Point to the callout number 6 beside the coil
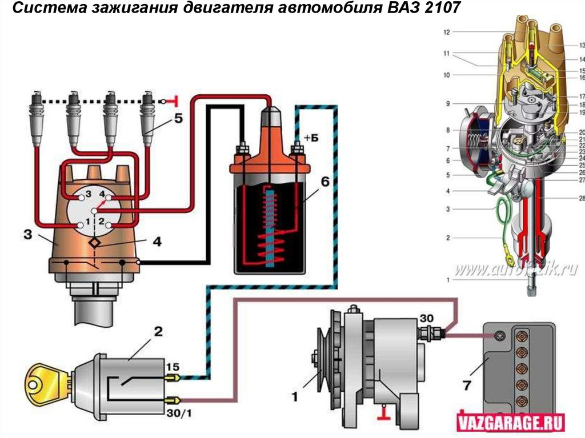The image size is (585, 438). (324, 182)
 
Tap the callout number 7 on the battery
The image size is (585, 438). (467, 386)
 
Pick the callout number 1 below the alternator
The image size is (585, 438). (295, 394)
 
